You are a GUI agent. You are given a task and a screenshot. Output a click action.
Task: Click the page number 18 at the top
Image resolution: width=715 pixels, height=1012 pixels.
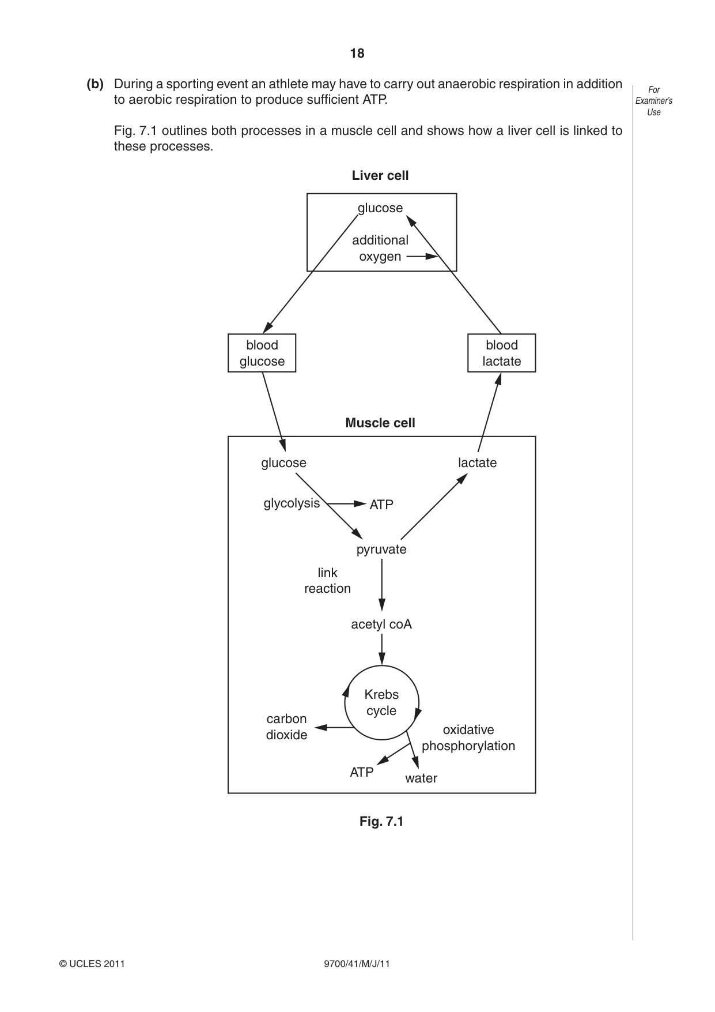click(x=357, y=54)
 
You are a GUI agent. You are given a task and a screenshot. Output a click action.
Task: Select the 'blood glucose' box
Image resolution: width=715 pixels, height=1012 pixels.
click(x=262, y=353)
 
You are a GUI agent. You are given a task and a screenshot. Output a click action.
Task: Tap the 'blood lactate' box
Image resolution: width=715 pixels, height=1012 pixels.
click(x=502, y=353)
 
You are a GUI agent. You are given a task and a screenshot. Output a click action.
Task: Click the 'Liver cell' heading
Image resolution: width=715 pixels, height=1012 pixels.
click(x=380, y=176)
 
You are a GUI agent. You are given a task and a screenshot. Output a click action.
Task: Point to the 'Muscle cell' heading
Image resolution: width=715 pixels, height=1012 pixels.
click(x=380, y=423)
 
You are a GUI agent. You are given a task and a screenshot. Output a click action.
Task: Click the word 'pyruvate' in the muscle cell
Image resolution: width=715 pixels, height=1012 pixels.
click(x=381, y=550)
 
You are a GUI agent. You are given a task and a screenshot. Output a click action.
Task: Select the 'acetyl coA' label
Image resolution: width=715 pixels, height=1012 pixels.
click(x=381, y=624)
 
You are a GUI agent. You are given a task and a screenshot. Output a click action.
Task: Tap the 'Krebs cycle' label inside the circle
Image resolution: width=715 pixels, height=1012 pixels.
click(x=381, y=703)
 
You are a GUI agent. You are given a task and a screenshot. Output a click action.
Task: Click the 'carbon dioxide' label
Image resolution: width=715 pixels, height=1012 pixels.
click(x=286, y=727)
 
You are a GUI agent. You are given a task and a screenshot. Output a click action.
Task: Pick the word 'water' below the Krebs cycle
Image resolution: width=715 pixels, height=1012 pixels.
click(x=421, y=778)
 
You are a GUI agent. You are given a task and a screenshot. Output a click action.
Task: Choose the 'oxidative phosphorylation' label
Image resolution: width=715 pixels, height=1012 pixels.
click(x=468, y=738)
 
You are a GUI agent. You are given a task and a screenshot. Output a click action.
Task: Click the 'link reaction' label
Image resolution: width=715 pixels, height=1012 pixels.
click(x=327, y=581)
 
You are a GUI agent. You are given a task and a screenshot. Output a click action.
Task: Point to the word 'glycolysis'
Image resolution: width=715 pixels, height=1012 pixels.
click(x=292, y=504)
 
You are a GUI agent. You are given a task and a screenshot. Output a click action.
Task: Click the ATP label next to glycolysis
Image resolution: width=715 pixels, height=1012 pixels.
click(x=381, y=505)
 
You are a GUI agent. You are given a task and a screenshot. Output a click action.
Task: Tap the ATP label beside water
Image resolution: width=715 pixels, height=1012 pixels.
click(x=362, y=773)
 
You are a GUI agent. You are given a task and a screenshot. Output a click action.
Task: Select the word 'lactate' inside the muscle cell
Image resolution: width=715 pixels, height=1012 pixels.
click(x=478, y=463)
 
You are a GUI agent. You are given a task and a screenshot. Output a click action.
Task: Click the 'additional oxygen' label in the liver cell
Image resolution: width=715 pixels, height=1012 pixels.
click(x=380, y=249)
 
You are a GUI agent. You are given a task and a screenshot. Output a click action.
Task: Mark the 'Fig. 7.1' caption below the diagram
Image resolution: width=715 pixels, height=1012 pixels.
click(x=381, y=822)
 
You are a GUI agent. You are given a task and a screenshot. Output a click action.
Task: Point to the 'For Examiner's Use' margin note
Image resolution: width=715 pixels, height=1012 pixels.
click(x=654, y=101)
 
